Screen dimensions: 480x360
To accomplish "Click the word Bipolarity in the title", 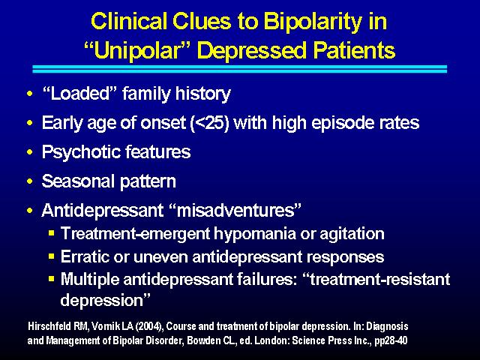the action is coord(313,22).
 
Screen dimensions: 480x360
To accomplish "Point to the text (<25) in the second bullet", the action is coord(210,123).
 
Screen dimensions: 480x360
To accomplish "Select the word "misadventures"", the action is coord(235,210).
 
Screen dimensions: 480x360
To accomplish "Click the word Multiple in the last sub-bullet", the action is coord(90,280).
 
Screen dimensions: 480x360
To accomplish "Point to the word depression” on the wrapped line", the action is coord(105,300).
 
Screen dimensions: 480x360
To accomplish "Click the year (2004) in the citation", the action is coord(149,326).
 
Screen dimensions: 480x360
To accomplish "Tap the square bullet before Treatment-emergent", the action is coord(52,233).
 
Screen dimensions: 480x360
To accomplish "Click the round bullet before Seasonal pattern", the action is coord(30,181).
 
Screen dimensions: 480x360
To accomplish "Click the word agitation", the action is coord(352,234).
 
